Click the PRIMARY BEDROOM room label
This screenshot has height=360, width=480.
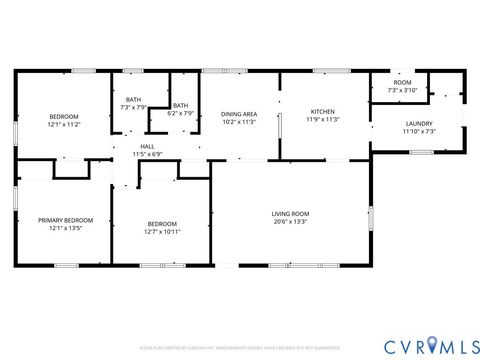click(66, 220)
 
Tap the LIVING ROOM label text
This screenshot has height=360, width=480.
click(291, 213)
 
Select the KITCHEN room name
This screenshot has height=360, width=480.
click(322, 111)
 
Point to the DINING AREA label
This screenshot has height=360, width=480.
click(239, 114)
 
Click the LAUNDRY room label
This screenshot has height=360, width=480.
click(419, 124)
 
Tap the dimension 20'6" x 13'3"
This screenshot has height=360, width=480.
click(291, 222)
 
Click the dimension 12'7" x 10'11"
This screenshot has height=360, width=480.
click(162, 232)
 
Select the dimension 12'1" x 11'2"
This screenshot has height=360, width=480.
click(63, 124)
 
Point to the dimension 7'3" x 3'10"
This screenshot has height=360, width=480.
click(401, 91)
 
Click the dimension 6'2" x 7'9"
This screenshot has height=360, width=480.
click(181, 113)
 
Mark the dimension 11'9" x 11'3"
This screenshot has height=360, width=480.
click(322, 120)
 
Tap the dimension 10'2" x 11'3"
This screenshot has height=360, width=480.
click(239, 122)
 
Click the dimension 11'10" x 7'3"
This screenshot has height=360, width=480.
click(419, 132)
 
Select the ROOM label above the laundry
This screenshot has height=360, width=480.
click(401, 83)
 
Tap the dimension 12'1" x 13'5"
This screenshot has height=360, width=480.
click(66, 228)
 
